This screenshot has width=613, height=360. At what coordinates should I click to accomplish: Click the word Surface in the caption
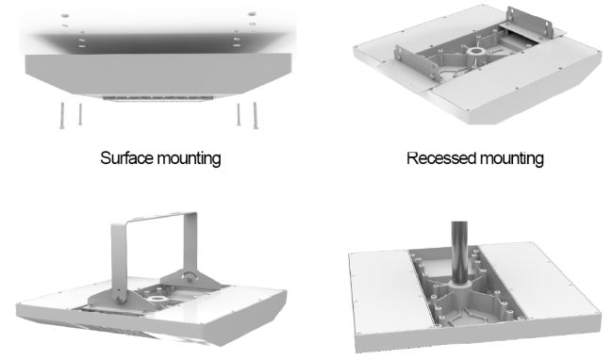coord(126,158)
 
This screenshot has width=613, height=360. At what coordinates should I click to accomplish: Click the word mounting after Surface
coord(189,159)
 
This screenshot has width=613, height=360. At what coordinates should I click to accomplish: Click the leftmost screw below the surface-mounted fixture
coord(61,115)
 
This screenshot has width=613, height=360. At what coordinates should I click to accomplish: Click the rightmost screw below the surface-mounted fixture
coord(255,115)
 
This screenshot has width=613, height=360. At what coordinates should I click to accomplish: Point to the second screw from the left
coord(80,114)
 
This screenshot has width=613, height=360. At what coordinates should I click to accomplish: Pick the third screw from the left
coord(239,114)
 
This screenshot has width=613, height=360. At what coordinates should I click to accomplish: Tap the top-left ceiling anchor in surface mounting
coord(65,16)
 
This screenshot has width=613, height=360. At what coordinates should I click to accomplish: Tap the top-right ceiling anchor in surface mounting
coord(252,14)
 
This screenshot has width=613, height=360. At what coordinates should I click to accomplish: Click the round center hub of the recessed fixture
coord(476,52)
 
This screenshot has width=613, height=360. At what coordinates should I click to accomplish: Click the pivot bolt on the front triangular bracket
coord(119,300)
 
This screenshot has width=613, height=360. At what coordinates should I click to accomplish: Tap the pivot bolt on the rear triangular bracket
coord(190,278)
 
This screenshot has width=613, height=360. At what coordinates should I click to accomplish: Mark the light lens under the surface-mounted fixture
coord(157,98)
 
